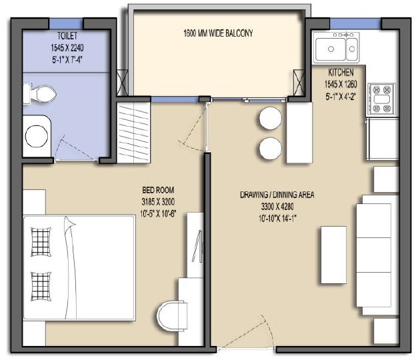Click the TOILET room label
(67, 36)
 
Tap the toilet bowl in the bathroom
(39, 94)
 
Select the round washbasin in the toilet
(37, 136)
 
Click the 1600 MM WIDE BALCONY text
(218, 33)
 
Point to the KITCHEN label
(341, 72)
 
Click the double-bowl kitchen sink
(337, 48)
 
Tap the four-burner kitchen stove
(381, 99)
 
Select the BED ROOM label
(158, 190)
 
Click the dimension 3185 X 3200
(158, 202)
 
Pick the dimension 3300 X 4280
(277, 207)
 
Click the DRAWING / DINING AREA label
(277, 195)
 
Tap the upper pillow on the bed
(41, 242)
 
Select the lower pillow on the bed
(41, 287)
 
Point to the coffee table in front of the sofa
(333, 255)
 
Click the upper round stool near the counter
(271, 118)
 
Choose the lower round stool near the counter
(271, 149)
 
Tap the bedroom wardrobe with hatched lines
(133, 133)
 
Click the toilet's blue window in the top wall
(66, 23)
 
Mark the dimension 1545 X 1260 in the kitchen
(341, 85)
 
